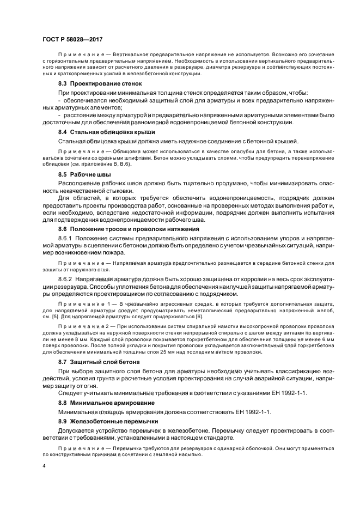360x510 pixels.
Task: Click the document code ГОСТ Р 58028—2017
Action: pyautogui.click(x=72, y=40)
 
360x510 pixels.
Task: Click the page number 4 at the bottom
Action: pyautogui.click(x=43, y=466)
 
